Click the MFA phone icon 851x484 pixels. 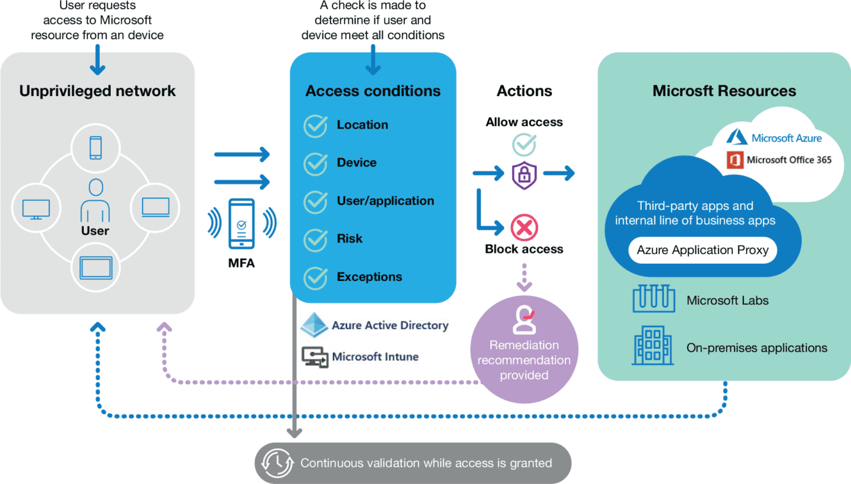241,224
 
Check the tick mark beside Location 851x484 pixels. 316,125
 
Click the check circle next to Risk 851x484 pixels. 316,239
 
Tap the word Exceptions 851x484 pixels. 369,277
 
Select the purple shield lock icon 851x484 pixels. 524,173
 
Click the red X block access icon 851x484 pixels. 524,227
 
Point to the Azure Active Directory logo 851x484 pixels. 314,325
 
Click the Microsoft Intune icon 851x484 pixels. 314,357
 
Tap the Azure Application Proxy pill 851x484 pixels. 702,250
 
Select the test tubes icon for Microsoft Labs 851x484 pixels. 653,300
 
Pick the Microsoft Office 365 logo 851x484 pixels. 734,160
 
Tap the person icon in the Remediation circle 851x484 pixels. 524,319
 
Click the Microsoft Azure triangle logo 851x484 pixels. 736,136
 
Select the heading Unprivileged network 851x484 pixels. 97,91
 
